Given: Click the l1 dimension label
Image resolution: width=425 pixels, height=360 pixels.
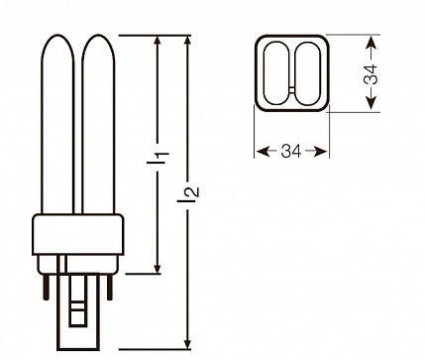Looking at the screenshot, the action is click(x=158, y=158).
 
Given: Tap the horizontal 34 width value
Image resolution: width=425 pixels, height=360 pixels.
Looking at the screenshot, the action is click(x=291, y=152).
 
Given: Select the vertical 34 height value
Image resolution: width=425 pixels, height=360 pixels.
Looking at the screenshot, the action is click(x=371, y=73).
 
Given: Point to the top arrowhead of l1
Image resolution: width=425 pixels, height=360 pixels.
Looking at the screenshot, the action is click(x=158, y=41).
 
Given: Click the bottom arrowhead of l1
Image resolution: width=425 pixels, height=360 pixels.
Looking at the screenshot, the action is click(x=158, y=269).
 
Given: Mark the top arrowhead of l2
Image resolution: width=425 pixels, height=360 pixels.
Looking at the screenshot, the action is click(x=188, y=41).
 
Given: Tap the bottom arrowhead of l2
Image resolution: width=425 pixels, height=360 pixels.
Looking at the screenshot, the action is click(x=188, y=343).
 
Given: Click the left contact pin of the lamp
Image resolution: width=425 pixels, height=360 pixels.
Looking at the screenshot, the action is click(x=46, y=287).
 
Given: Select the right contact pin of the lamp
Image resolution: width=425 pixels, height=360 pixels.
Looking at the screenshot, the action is click(x=110, y=287).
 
